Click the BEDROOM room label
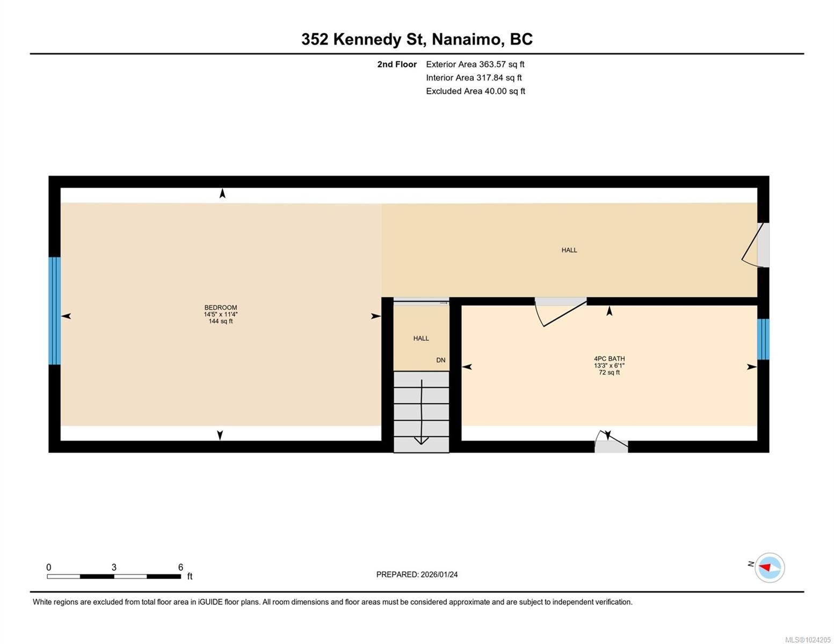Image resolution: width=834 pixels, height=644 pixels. click(220, 308)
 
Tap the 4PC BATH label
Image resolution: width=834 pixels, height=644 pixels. click(609, 358)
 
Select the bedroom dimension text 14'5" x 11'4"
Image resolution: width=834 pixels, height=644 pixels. click(220, 314)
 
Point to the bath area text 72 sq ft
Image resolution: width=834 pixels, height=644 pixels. click(609, 372)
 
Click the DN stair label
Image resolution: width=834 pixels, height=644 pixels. click(440, 360)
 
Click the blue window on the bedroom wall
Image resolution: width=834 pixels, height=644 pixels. click(54, 311)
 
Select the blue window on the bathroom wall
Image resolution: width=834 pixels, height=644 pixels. click(763, 339)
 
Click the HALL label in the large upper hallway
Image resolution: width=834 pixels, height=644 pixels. click(569, 250)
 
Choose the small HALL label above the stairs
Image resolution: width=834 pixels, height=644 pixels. click(421, 338)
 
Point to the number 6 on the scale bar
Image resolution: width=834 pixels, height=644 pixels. click(180, 567)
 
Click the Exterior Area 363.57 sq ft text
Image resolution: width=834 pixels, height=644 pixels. click(475, 64)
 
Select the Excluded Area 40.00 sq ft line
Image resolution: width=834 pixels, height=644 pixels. click(475, 91)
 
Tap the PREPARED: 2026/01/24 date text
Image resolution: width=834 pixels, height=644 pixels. click(417, 574)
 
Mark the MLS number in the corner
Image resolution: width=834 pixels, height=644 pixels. click(808, 639)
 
